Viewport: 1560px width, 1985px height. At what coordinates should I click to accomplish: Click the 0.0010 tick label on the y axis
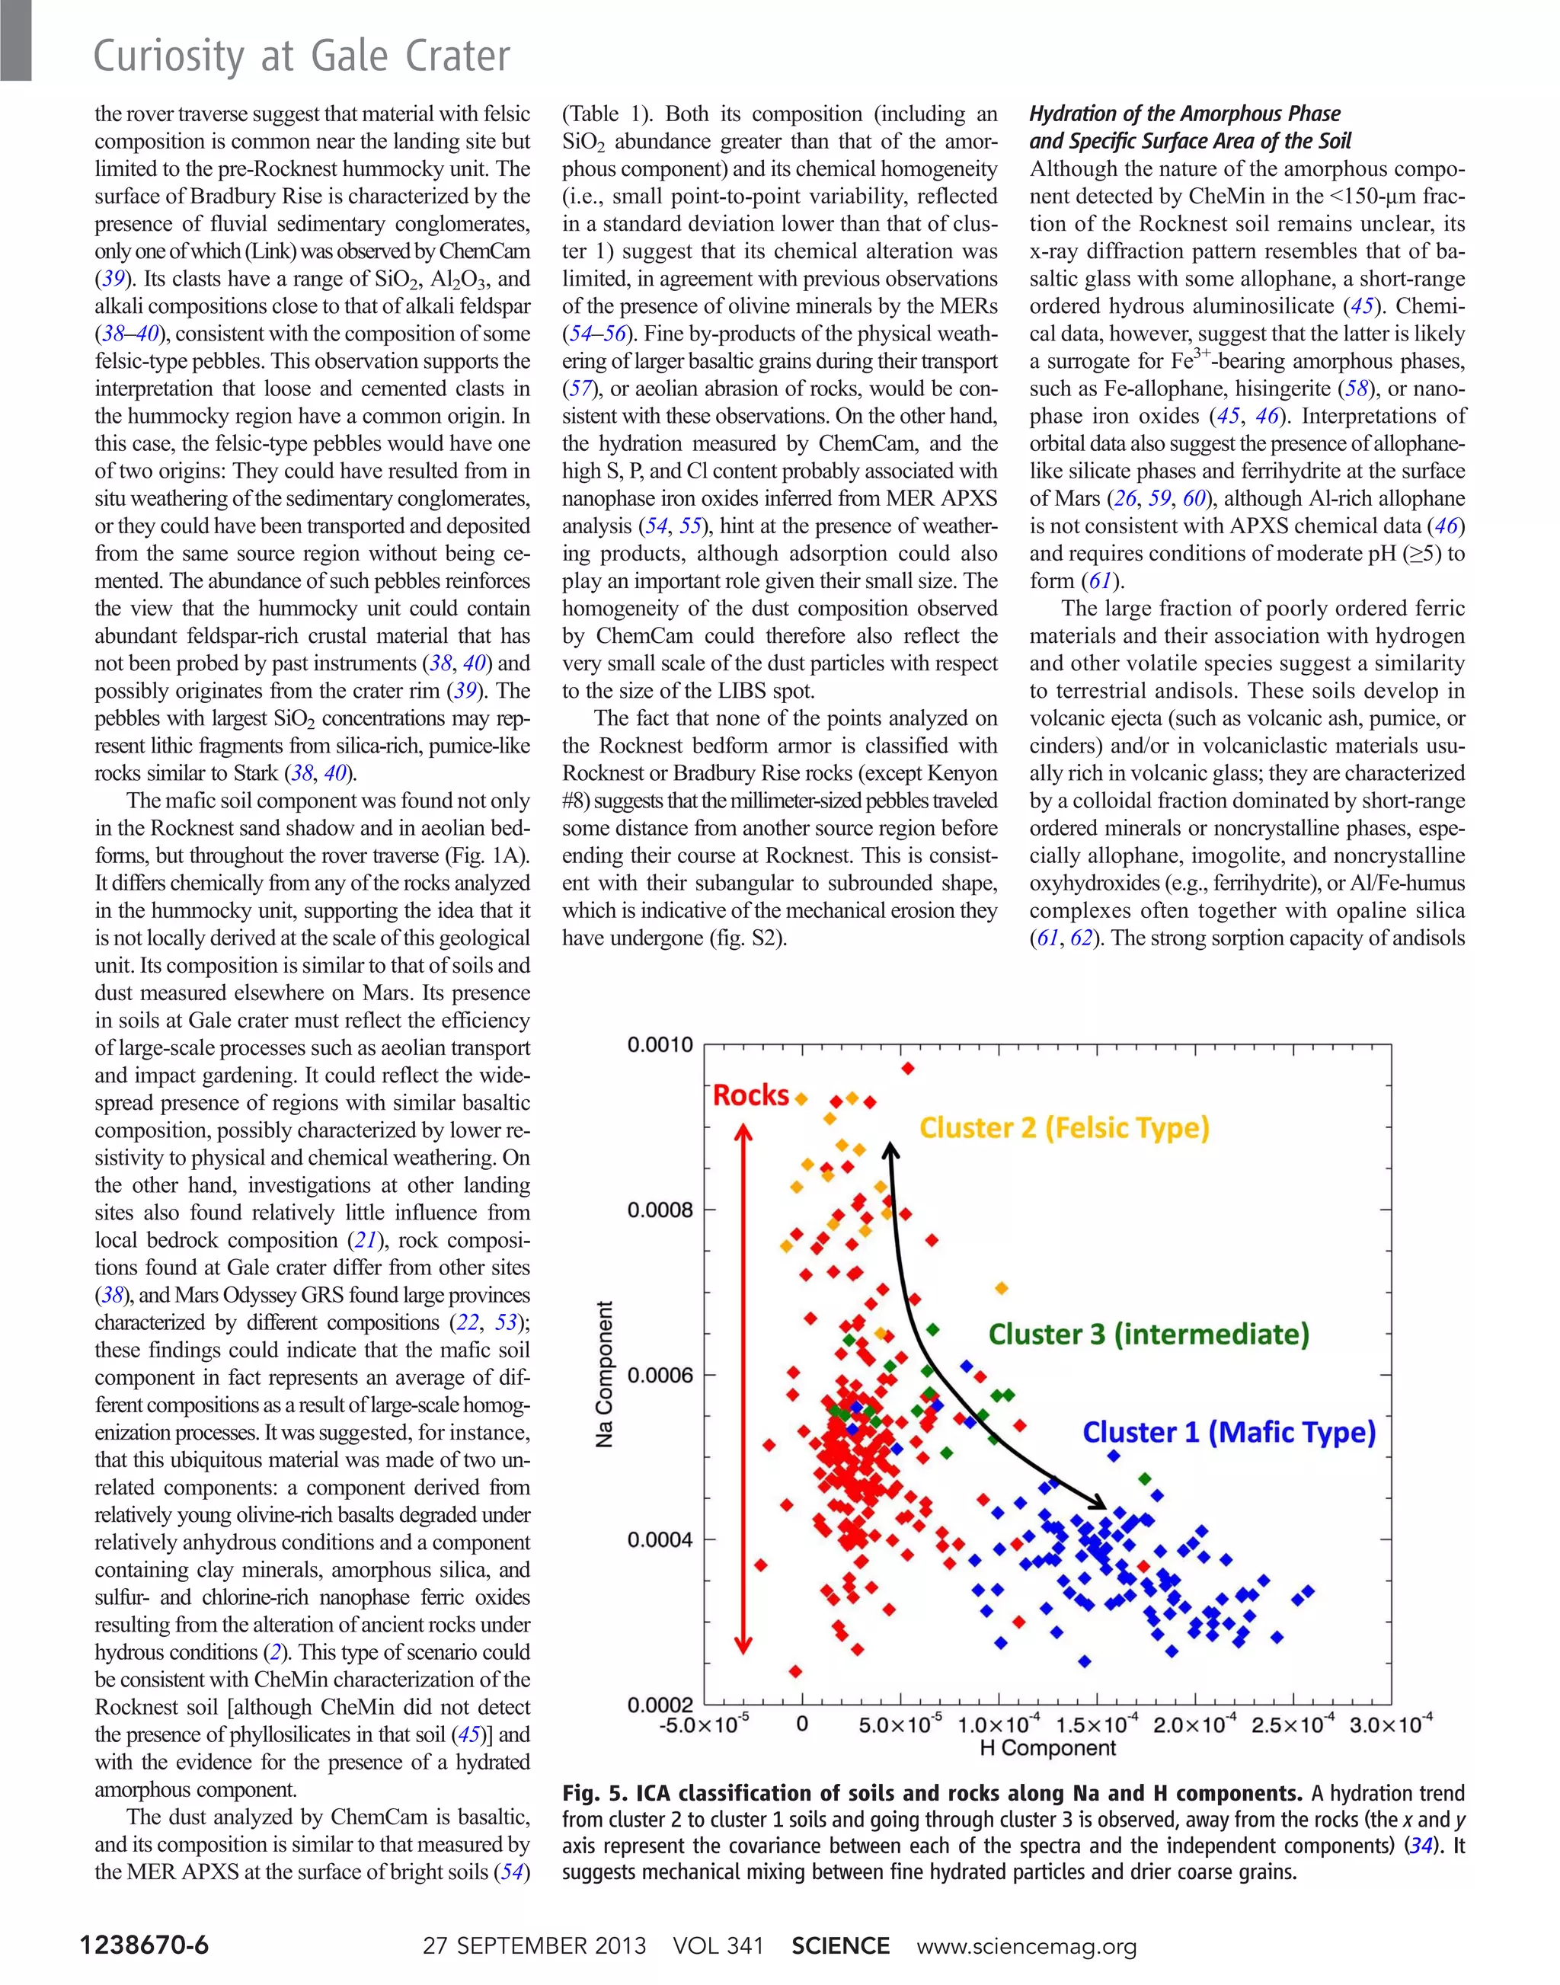tap(660, 1044)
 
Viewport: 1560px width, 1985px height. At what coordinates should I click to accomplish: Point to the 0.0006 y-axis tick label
tap(660, 1375)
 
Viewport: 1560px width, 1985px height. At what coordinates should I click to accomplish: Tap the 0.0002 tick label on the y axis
tap(660, 1705)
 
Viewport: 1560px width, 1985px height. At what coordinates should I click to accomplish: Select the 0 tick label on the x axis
tap(802, 1724)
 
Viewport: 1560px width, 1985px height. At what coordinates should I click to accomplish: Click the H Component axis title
tap(1047, 1747)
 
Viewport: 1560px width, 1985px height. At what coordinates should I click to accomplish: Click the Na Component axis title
tap(604, 1374)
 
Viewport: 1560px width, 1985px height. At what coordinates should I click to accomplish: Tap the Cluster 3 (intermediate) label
tap(1148, 1334)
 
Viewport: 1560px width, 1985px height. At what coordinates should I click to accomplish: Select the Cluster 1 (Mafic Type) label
tap(1229, 1431)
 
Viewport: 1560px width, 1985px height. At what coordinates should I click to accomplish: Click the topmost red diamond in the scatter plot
tap(907, 1068)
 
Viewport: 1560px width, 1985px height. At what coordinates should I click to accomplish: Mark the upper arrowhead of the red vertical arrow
tap(744, 1133)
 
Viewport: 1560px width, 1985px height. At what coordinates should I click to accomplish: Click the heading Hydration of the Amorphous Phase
tap(1184, 113)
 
